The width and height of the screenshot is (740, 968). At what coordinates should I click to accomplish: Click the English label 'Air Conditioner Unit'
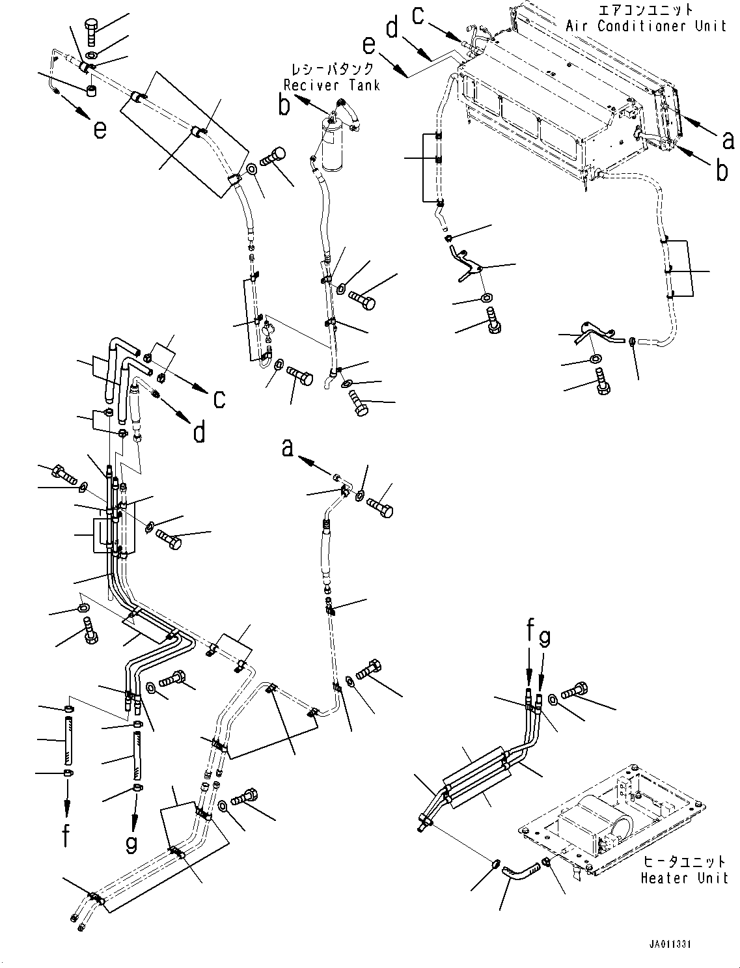coord(646,26)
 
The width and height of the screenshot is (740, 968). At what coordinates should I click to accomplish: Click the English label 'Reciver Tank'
coord(331,85)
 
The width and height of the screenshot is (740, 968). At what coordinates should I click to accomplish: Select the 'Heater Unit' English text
coord(684,878)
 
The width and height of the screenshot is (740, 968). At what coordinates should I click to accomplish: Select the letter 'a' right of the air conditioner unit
coord(728,139)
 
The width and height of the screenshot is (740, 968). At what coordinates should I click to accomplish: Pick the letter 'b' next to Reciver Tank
coord(284,105)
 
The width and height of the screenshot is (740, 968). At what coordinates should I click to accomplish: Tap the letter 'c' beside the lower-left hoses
coord(219,398)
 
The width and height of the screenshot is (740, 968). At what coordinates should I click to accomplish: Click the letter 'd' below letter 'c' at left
coord(199,430)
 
